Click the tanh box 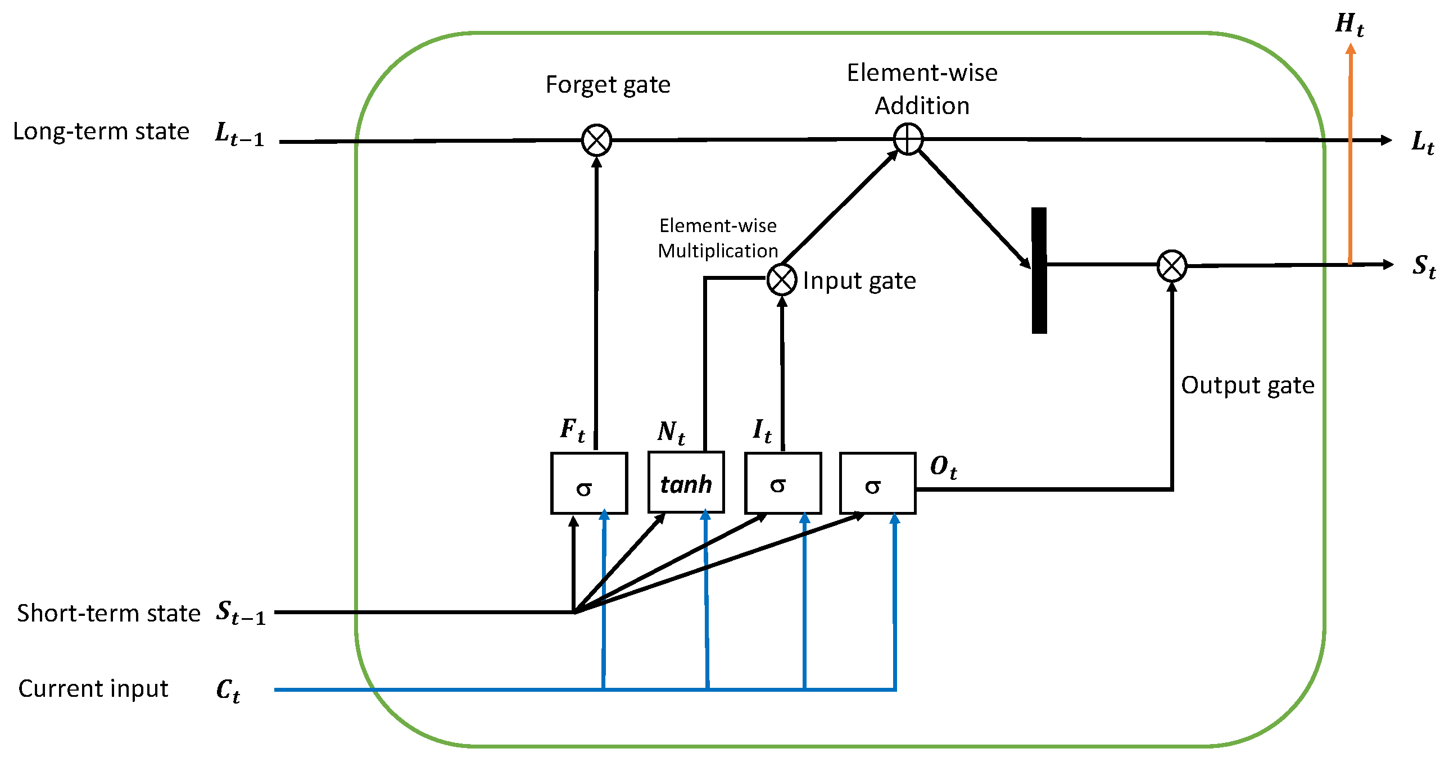point(686,483)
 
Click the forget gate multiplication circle point(596,140)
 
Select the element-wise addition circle point(908,139)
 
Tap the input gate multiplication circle point(782,279)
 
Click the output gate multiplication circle point(1172,265)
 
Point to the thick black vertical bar point(1039,270)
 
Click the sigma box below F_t point(588,483)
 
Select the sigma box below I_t point(782,483)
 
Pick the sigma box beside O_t point(877,483)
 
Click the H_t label point(1349,25)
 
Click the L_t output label point(1423,142)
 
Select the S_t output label point(1423,266)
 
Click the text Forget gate point(608,85)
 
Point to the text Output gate point(1247,385)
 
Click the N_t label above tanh point(671,432)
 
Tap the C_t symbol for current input point(228,690)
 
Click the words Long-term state point(101,131)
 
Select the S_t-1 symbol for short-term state point(240,613)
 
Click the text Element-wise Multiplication point(718,238)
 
